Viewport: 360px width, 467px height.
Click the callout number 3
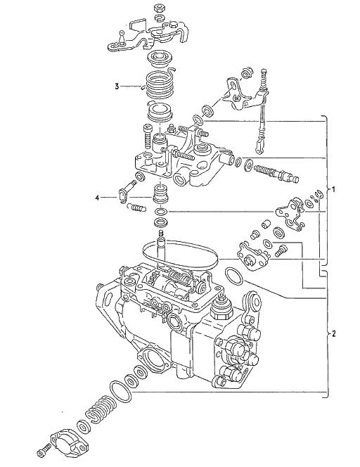click(x=117, y=87)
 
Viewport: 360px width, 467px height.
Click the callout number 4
click(x=97, y=198)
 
